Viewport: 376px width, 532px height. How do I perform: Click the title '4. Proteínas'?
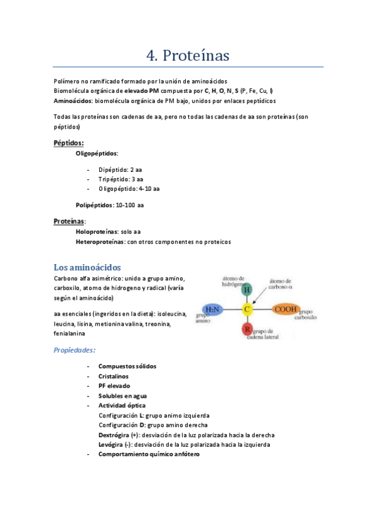tap(188, 55)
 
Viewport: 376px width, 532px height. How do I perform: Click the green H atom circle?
tap(247, 289)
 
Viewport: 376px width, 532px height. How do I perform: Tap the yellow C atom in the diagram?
tap(247, 309)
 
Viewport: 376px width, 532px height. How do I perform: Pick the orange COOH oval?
tap(286, 309)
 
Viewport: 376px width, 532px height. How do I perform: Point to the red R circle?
tap(247, 330)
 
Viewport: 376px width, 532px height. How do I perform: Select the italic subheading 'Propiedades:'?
tap(75, 350)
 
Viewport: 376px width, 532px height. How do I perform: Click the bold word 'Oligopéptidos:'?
tap(97, 153)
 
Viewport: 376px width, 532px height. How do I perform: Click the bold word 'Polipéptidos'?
tap(95, 205)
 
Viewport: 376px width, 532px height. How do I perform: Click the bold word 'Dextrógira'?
tap(115, 435)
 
